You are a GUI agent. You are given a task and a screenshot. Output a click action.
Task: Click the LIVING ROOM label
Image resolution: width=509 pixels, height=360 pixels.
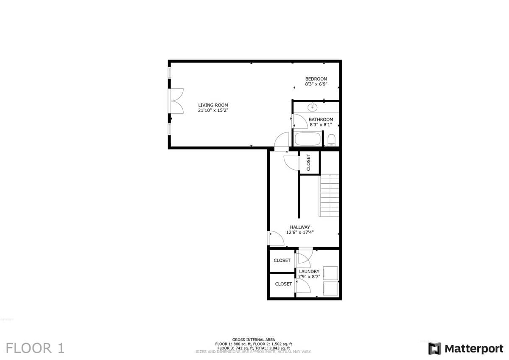pyautogui.click(x=213, y=105)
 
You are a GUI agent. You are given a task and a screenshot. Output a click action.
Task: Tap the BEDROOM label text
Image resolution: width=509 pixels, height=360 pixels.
pyautogui.click(x=316, y=79)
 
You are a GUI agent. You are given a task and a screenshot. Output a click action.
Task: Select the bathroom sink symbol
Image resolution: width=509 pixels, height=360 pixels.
pyautogui.click(x=313, y=107)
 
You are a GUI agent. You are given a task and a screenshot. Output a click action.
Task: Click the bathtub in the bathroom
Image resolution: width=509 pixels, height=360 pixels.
pyautogui.click(x=308, y=139)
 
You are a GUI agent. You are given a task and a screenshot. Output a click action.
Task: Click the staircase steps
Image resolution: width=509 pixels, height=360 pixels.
pyautogui.click(x=329, y=195)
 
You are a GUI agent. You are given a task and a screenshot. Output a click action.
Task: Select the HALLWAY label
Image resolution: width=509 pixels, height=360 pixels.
pyautogui.click(x=300, y=227)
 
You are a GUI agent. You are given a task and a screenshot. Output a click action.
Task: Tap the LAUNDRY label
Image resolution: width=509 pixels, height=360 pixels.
pyautogui.click(x=309, y=272)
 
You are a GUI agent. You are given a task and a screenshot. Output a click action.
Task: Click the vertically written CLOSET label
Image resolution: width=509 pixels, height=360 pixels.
pyautogui.click(x=308, y=162)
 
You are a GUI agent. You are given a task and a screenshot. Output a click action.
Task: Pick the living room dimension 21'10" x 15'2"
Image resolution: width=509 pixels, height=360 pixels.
pyautogui.click(x=213, y=110)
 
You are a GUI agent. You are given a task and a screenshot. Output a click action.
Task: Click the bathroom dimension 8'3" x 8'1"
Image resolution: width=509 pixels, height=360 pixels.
pyautogui.click(x=321, y=125)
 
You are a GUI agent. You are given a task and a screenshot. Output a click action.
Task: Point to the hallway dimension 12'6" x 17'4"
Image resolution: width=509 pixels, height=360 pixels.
pyautogui.click(x=300, y=232)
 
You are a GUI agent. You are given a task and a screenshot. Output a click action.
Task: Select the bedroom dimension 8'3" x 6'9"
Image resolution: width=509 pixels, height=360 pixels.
pyautogui.click(x=316, y=84)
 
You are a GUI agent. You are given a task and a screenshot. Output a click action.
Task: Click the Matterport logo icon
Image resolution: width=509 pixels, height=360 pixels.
pyautogui.click(x=434, y=349)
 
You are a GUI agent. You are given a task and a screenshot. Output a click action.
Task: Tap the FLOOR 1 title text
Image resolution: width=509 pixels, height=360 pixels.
pyautogui.click(x=35, y=348)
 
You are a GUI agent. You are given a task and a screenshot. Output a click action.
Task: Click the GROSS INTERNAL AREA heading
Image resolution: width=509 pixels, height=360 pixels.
pyautogui.click(x=253, y=340)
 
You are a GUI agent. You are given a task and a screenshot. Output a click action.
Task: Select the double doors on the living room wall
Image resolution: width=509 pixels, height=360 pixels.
pyautogui.click(x=176, y=101)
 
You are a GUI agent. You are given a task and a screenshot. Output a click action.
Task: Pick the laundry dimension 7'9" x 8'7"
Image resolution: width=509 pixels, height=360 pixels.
pyautogui.click(x=309, y=276)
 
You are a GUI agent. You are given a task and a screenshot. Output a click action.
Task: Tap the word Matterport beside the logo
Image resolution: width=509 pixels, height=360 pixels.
pyautogui.click(x=474, y=349)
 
